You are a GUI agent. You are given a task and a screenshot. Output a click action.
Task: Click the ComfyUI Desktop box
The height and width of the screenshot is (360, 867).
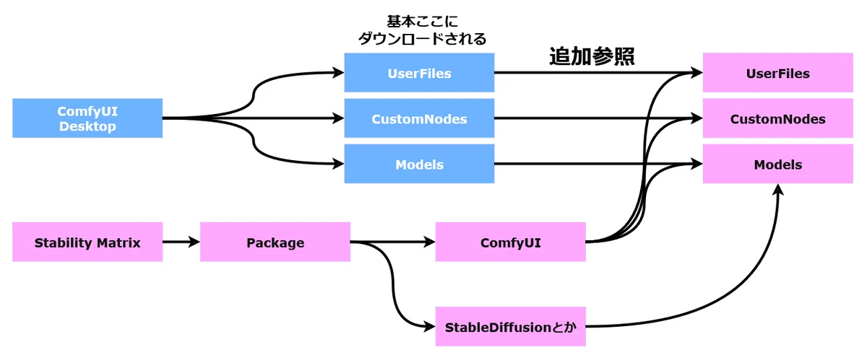[87, 118]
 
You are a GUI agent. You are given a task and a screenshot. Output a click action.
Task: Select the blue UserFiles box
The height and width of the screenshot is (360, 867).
[419, 73]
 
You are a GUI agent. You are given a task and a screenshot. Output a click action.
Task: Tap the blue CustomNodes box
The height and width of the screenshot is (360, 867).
[419, 118]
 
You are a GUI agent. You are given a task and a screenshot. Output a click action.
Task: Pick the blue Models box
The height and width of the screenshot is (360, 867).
[419, 164]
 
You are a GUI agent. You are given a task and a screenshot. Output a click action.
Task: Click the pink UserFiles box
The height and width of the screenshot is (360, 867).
[778, 73]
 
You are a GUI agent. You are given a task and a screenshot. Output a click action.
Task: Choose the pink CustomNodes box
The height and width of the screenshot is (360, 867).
[778, 118]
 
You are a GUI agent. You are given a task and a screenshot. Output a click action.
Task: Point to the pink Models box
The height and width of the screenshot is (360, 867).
[778, 164]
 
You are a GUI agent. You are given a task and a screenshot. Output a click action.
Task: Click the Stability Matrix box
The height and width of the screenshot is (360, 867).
[87, 242]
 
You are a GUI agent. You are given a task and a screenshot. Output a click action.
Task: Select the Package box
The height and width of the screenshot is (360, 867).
[275, 242]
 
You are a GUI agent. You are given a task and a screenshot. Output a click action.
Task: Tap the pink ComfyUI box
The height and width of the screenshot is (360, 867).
[511, 242]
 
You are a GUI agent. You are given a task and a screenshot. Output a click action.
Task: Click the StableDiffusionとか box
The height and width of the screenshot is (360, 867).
[511, 327]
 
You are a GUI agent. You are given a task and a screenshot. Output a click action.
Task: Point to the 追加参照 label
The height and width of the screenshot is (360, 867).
[592, 56]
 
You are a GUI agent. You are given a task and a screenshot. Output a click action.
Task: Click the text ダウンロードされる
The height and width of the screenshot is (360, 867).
[422, 39]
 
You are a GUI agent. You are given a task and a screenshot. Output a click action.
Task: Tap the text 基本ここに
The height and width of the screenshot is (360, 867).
[422, 21]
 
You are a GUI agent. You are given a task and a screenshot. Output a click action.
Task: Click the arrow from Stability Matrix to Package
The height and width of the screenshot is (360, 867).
[181, 242]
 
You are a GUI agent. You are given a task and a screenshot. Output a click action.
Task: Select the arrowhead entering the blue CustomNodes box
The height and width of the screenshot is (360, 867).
[339, 118]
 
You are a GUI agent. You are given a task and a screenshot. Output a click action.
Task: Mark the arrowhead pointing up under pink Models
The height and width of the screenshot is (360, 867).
[778, 190]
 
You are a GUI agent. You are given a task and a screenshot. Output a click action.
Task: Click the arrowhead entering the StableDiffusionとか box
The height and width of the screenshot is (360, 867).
[430, 327]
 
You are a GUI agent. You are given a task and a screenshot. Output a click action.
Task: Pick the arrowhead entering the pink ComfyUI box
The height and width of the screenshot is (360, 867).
[430, 242]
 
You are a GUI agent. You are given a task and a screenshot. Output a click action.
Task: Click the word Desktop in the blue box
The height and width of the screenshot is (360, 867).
[87, 126]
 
